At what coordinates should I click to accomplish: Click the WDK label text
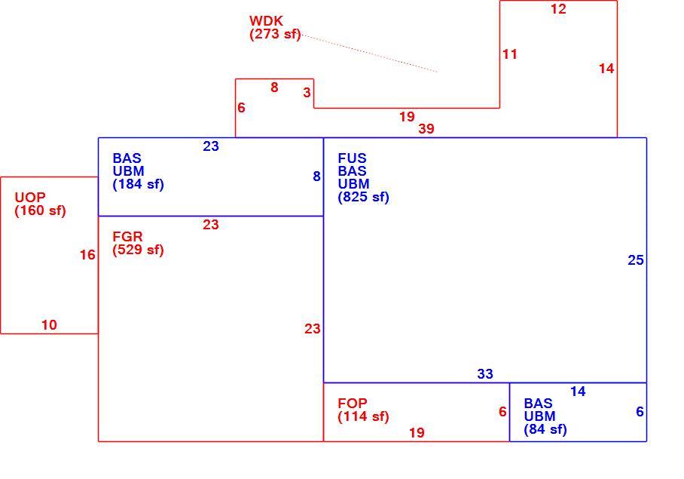(x=266, y=20)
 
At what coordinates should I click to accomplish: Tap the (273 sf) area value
(x=275, y=34)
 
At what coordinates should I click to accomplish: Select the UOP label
(x=30, y=197)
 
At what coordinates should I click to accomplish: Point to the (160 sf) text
(x=40, y=210)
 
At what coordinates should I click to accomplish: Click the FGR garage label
(x=127, y=237)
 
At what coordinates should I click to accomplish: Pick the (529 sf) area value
(x=139, y=250)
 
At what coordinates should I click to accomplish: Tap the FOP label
(x=353, y=403)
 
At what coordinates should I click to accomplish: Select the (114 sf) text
(x=363, y=416)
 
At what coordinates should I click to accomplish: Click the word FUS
(x=352, y=158)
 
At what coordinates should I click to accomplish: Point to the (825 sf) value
(x=363, y=197)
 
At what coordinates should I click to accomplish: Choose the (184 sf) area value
(x=139, y=184)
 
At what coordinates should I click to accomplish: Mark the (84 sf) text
(x=545, y=429)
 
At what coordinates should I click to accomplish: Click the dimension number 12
(x=558, y=9)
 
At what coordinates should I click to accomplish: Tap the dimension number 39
(x=426, y=129)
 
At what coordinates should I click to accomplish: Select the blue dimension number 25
(x=636, y=260)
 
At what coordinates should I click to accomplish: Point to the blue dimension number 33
(x=485, y=373)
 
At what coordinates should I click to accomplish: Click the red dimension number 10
(x=49, y=325)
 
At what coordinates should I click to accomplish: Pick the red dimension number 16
(x=87, y=255)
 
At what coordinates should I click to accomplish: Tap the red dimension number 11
(x=510, y=54)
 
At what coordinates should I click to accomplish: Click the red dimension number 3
(x=307, y=93)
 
